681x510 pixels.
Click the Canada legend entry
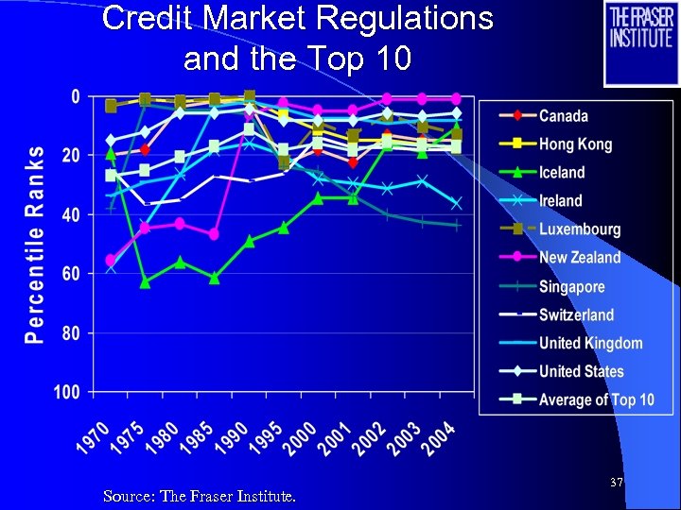[x=563, y=116]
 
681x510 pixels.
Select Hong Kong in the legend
[x=575, y=144]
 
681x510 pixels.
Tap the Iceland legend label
[x=562, y=173]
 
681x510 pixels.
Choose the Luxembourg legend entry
[x=580, y=229]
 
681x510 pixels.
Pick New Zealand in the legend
[x=580, y=258]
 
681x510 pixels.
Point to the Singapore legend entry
[x=571, y=286]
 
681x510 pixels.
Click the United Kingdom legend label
[x=590, y=343]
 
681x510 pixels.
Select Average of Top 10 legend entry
[x=596, y=399]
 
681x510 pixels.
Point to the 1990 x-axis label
[x=231, y=440]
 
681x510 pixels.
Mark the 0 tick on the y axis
[x=76, y=96]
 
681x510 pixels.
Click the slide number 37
[x=617, y=483]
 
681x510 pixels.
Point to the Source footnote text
[x=199, y=495]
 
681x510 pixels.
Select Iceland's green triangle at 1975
[x=145, y=281]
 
